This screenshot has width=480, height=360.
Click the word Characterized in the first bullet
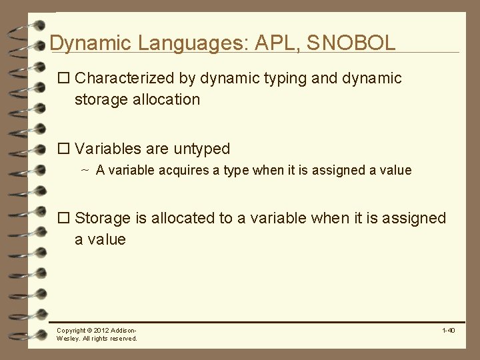pyautogui.click(x=125, y=79)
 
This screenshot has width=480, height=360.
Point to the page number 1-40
pyautogui.click(x=448, y=331)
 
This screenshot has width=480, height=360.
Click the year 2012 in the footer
pyautogui.click(x=101, y=331)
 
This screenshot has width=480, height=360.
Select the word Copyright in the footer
pyautogui.click(x=71, y=331)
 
